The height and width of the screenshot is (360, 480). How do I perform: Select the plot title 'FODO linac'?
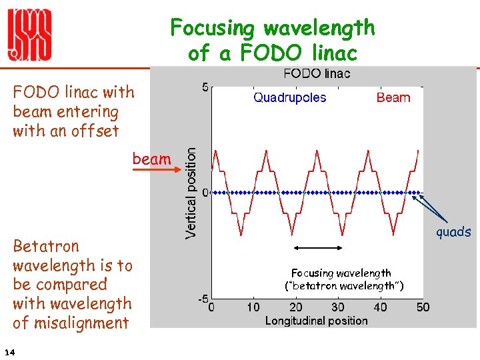pos(317,73)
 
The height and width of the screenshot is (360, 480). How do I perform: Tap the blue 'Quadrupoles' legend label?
pos(290,97)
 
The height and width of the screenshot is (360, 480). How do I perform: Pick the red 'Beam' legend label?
pos(393,97)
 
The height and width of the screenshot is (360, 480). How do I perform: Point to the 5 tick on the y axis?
pos(205,87)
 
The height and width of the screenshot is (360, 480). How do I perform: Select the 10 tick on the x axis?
pos(253,307)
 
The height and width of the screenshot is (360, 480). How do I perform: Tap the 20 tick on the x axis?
pos(295,307)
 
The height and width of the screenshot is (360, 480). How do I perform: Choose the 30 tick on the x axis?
pos(338,307)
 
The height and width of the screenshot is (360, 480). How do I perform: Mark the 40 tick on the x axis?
pos(380,307)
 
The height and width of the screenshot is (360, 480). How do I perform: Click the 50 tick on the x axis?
pos(423,307)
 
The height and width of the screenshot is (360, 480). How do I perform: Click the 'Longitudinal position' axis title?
pos(316,321)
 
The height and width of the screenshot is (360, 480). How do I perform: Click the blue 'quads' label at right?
pos(453,232)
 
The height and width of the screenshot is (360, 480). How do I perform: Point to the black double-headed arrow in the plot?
pos(318,248)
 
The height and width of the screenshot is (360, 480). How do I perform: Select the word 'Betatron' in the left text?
pos(46,246)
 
